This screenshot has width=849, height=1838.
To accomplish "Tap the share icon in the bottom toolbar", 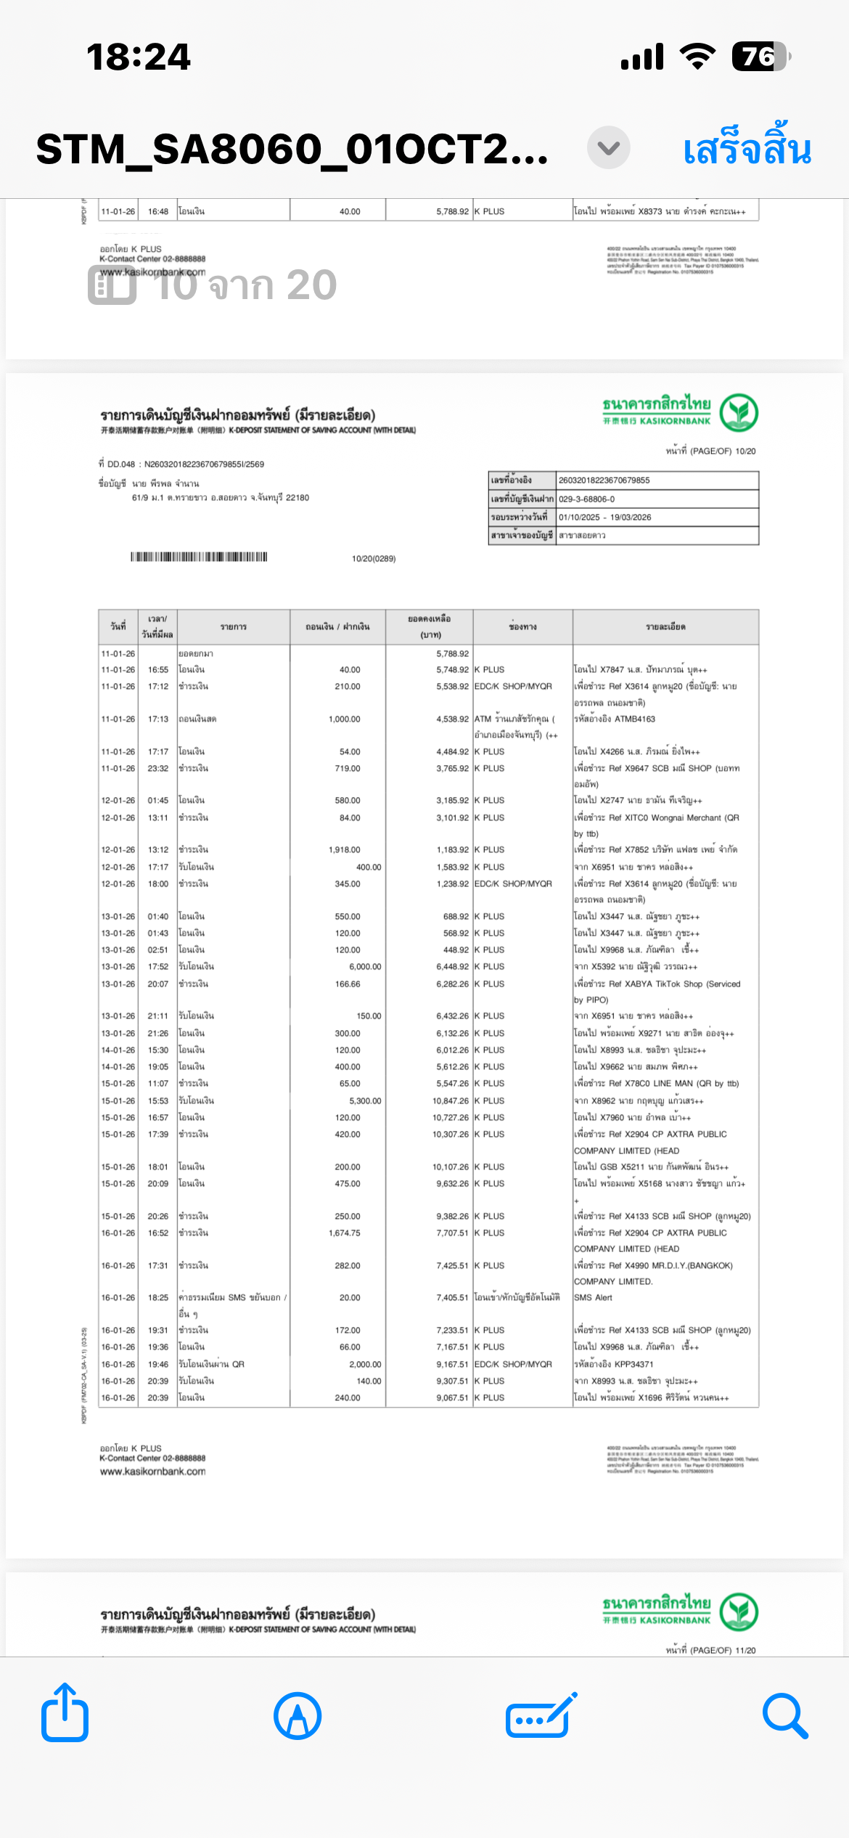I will (65, 1715).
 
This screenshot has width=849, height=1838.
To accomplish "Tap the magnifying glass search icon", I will (785, 1717).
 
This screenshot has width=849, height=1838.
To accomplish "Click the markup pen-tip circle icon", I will (298, 1717).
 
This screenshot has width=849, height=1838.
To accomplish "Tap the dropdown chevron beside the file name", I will (608, 148).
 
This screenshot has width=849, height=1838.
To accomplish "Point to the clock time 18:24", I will (139, 57).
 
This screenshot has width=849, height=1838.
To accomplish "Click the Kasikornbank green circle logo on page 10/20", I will (739, 412).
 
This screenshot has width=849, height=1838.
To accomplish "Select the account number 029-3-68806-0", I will (586, 499).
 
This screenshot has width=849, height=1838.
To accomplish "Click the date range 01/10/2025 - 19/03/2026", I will (604, 518).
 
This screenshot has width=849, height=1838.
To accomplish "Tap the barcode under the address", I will (199, 557).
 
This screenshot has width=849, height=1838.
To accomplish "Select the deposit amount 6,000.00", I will (365, 967).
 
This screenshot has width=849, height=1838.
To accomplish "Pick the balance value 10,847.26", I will (451, 1101).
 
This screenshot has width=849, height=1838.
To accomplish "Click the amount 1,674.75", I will (344, 1233).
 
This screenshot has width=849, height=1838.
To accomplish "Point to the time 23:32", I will (158, 769).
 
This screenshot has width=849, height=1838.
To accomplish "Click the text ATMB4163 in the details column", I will (634, 719).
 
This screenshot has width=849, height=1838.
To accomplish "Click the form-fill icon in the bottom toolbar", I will (541, 1717).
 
